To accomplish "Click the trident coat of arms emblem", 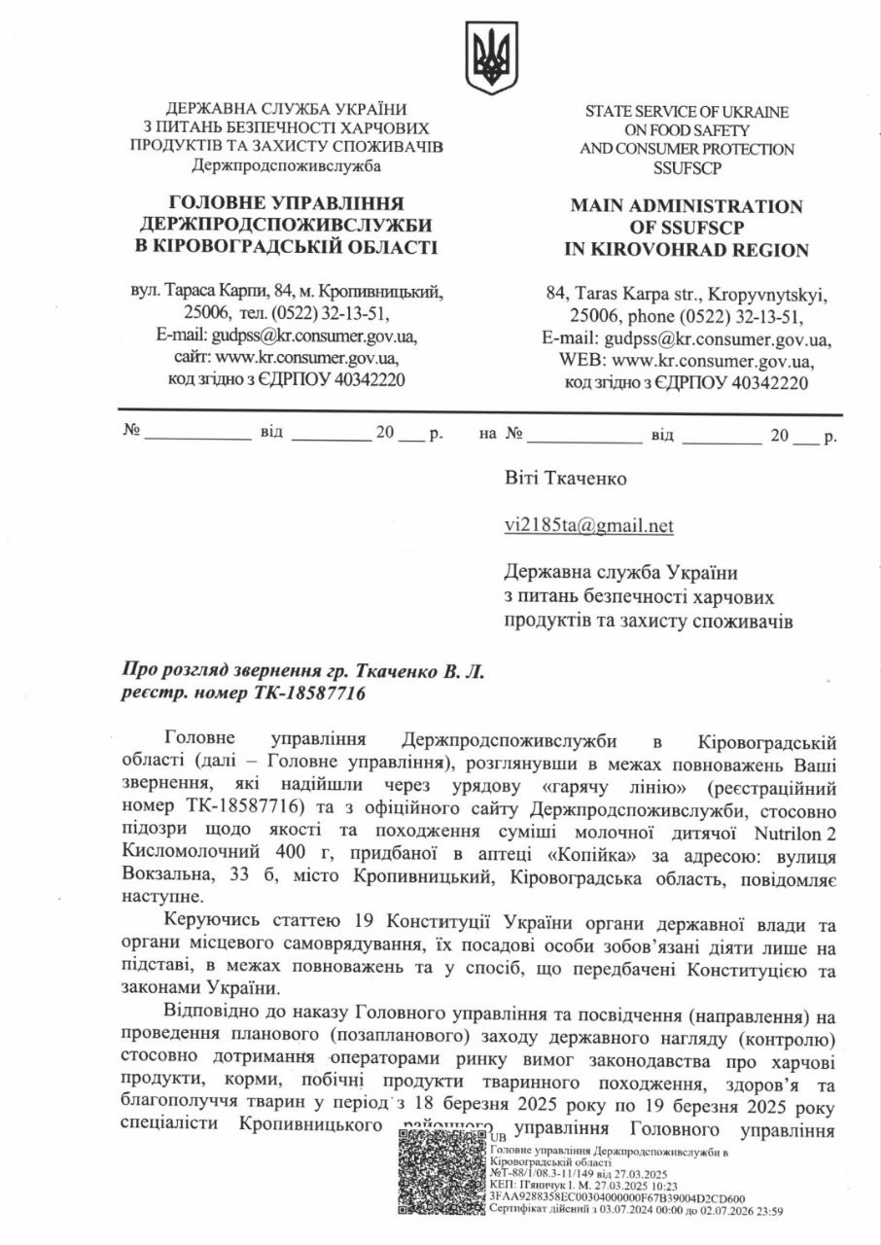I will [x=491, y=58].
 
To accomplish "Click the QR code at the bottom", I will [x=440, y=1173].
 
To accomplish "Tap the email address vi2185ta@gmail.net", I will [x=588, y=526].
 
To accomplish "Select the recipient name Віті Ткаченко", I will [x=566, y=479].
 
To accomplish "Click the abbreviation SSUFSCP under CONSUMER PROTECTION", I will [x=687, y=168].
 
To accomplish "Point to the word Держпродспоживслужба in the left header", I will [x=287, y=165].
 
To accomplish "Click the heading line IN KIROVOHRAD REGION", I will [x=687, y=250].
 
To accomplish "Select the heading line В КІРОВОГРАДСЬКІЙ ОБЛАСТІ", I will [x=287, y=247].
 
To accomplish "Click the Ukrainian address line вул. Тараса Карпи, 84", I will [x=287, y=291].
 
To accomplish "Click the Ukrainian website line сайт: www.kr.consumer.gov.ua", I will [x=287, y=357].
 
